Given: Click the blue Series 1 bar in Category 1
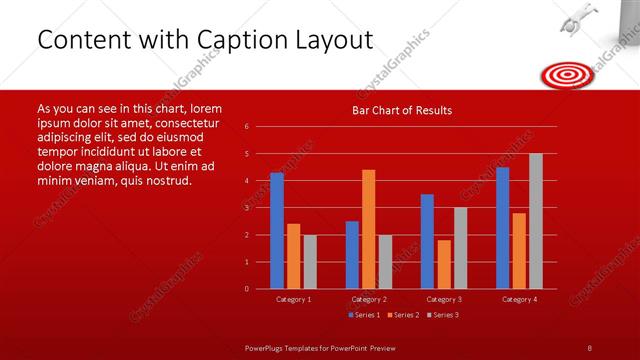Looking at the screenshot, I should (277, 230).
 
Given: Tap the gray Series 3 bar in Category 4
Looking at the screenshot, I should (535, 221).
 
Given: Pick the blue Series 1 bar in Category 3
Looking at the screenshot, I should (427, 241).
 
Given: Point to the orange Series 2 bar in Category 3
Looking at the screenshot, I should (443, 264).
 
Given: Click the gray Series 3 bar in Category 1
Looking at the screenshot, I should (310, 261).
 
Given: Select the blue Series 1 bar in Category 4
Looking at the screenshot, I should (502, 228).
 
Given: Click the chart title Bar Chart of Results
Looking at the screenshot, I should (402, 110).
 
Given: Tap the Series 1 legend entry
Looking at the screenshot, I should (363, 315).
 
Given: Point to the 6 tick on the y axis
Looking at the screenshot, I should (247, 127).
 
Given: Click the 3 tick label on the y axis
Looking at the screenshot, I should (247, 208).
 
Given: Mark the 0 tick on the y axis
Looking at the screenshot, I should (247, 289).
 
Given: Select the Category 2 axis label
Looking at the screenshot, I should (368, 299).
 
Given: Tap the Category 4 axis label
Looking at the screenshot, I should (518, 299).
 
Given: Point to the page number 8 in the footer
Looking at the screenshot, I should (589, 347).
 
